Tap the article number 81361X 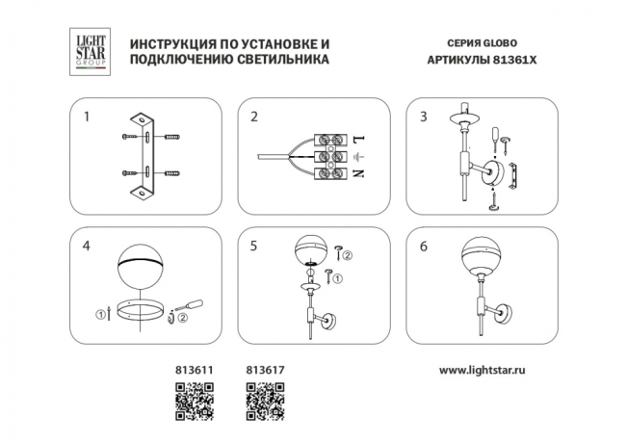[x=511, y=60]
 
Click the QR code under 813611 [x=191, y=401]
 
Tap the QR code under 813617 [x=263, y=401]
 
